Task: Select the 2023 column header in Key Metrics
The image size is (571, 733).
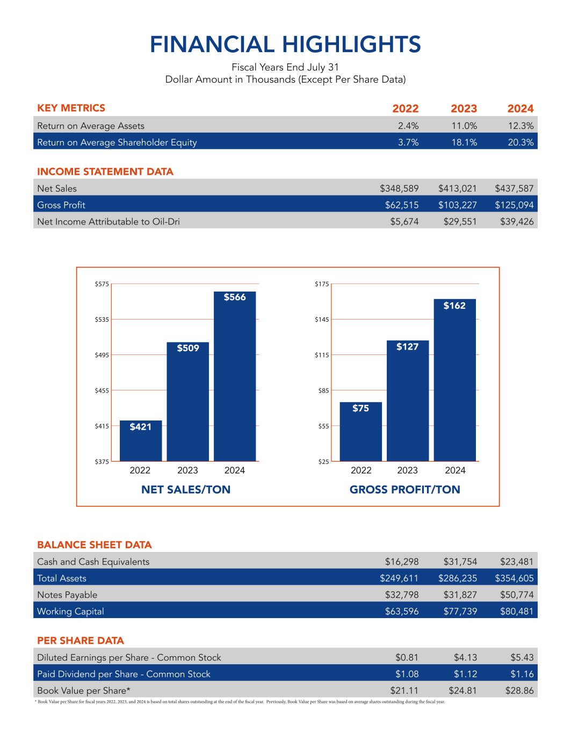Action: tap(464, 108)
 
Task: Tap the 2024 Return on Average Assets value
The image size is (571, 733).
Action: tap(520, 126)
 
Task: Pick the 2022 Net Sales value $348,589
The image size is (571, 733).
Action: tap(399, 188)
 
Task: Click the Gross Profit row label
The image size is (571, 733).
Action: tap(61, 205)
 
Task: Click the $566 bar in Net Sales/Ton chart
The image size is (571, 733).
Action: tap(235, 376)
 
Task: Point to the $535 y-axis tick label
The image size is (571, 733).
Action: tap(102, 320)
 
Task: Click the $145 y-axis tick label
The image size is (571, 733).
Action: tap(322, 320)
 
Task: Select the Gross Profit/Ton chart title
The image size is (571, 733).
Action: tap(404, 490)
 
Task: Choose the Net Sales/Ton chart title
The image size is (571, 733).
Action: tap(185, 490)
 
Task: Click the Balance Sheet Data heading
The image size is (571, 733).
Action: tap(95, 545)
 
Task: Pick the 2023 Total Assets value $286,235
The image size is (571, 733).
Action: tap(458, 578)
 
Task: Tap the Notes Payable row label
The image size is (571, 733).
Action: tap(67, 595)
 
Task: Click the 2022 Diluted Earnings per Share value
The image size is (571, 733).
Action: tap(407, 658)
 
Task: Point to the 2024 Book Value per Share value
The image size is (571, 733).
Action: tap(519, 691)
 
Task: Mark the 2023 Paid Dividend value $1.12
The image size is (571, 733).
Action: tap(465, 674)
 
